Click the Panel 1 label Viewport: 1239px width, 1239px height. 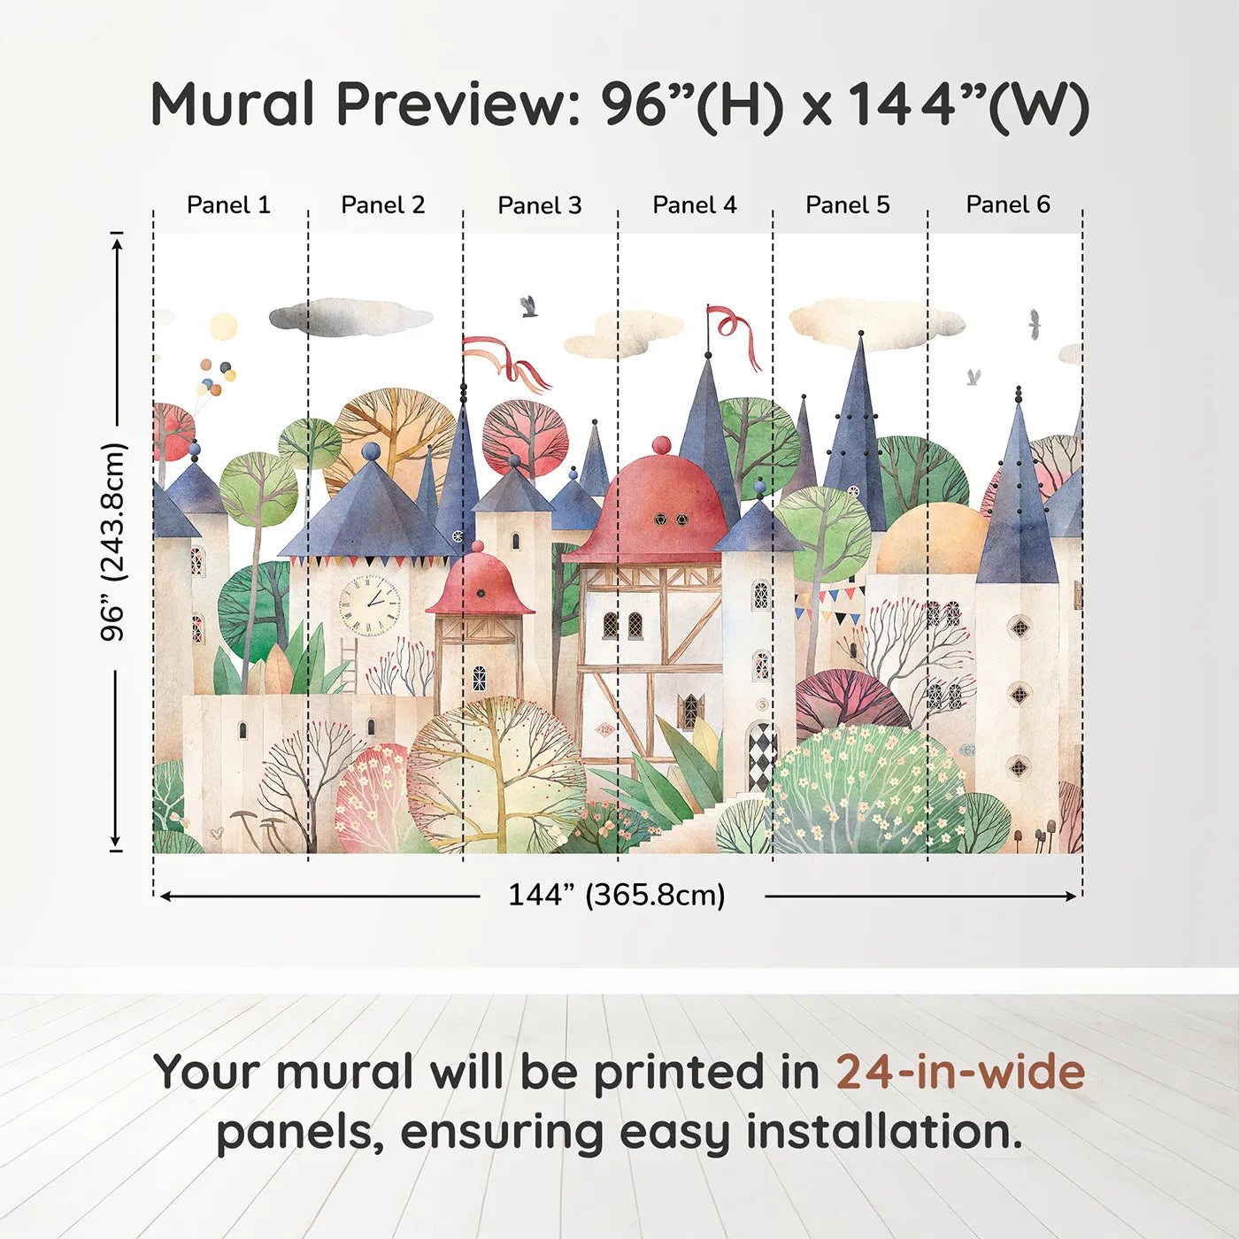click(x=228, y=205)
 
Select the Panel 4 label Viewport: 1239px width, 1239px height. click(x=694, y=205)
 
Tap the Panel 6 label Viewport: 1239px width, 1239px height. click(x=1007, y=205)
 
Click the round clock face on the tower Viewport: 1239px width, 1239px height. click(x=370, y=606)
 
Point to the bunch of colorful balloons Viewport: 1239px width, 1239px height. click(x=216, y=377)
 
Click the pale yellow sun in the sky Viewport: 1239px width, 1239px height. click(x=223, y=326)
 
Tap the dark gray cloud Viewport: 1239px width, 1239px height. click(x=349, y=318)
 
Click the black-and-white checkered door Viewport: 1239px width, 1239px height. click(x=760, y=757)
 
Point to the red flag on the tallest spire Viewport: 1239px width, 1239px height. click(x=735, y=332)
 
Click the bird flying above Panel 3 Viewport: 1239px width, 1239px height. click(x=528, y=306)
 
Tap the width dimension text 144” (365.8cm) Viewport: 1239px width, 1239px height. click(x=617, y=896)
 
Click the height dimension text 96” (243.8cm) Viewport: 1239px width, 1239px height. click(x=113, y=542)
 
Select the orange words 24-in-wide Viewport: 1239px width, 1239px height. click(x=960, y=1072)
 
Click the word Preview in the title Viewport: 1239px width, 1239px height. click(x=458, y=104)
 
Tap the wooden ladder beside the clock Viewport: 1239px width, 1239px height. click(x=348, y=665)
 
